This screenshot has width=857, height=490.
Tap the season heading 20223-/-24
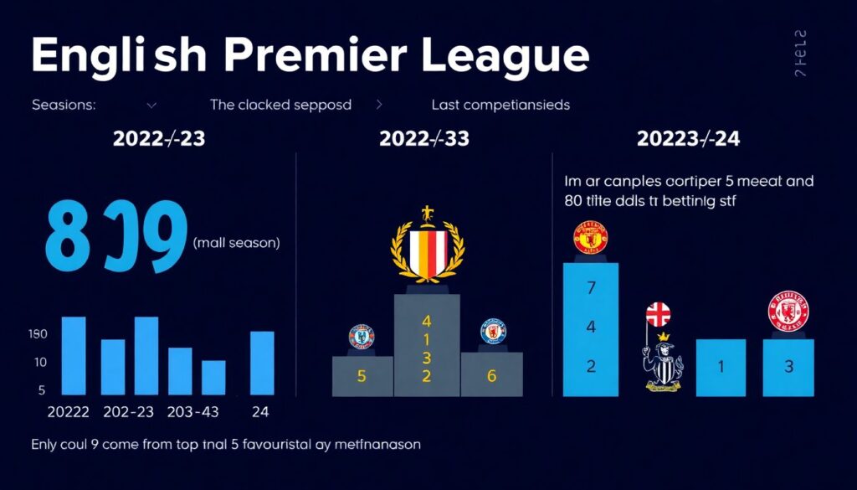point(688,139)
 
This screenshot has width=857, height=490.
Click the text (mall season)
point(237,243)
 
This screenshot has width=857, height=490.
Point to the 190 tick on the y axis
point(38,334)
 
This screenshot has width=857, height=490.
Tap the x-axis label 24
point(261,411)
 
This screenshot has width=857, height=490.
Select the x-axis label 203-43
point(194,411)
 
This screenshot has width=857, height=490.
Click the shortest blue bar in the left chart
point(213,377)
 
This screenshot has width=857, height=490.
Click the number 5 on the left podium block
point(362,376)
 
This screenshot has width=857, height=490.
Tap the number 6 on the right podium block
point(491,376)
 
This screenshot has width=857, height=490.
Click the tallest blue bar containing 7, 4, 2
point(591,328)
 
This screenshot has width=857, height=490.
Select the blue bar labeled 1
point(721,367)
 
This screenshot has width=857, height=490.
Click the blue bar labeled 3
point(788,367)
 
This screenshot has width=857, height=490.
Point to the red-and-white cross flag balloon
point(659,315)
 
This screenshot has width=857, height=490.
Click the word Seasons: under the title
point(64,106)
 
